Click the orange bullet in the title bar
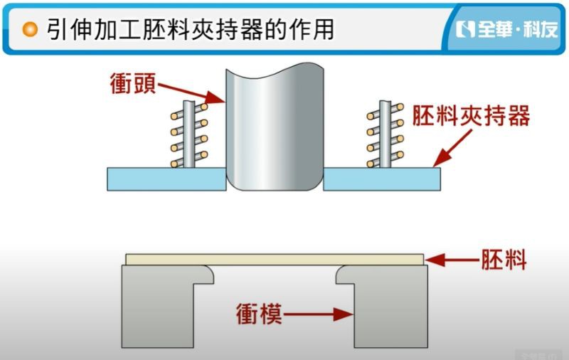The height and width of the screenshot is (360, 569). point(30,29)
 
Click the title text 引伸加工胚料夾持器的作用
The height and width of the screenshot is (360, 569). point(190,29)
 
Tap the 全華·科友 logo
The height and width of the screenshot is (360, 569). point(506,29)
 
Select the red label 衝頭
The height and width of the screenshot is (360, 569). point(133,83)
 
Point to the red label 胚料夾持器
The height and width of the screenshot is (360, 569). point(471,115)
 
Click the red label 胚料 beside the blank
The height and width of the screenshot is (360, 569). point(504,259)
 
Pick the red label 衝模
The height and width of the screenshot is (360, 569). point(259,314)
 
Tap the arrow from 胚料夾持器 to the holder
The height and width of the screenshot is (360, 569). point(452,148)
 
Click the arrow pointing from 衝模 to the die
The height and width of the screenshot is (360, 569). point(318,314)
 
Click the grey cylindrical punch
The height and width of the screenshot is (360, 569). point(275,127)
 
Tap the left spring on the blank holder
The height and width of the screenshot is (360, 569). point(189,134)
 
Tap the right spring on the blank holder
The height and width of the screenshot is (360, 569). point(385,134)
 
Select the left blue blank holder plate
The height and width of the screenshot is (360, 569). point(166,179)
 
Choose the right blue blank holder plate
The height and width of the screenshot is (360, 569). point(382,179)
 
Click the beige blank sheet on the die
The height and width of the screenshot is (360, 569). point(275,260)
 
